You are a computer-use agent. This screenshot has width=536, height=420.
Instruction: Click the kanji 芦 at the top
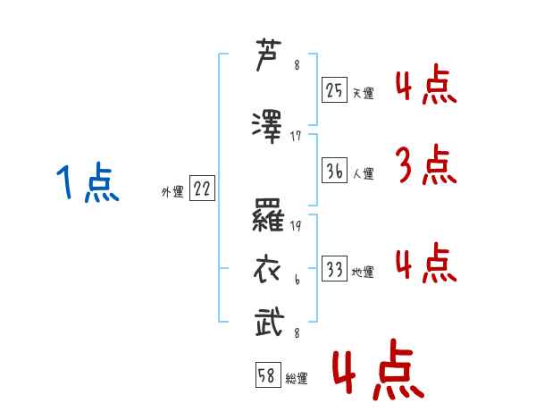(269, 55)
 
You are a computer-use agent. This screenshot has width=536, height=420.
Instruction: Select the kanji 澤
(267, 127)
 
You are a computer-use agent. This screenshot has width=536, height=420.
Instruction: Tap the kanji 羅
(268, 215)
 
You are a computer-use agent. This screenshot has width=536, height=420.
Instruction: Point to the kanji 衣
(267, 270)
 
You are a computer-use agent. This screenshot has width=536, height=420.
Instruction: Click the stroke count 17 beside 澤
(296, 136)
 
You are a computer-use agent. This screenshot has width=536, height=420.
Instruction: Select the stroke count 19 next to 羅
(296, 226)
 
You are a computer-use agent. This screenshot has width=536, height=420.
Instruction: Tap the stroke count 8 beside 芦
(297, 64)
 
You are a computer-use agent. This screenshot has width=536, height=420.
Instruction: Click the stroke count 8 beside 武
(297, 332)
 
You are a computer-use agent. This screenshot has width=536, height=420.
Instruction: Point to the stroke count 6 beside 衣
(297, 280)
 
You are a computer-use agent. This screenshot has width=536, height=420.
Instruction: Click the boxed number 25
(334, 89)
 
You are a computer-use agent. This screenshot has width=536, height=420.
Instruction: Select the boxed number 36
(334, 170)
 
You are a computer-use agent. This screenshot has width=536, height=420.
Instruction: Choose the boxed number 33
(334, 268)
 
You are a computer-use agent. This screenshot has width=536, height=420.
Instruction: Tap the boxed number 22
(202, 188)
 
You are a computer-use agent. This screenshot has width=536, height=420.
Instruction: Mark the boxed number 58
(268, 374)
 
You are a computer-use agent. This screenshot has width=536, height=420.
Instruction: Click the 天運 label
(364, 93)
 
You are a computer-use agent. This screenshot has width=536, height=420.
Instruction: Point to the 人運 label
(364, 173)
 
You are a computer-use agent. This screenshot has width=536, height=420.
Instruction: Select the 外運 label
(172, 192)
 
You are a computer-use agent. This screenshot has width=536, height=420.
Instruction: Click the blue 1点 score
(88, 182)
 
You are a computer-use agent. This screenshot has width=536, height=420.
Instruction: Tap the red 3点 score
(426, 164)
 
